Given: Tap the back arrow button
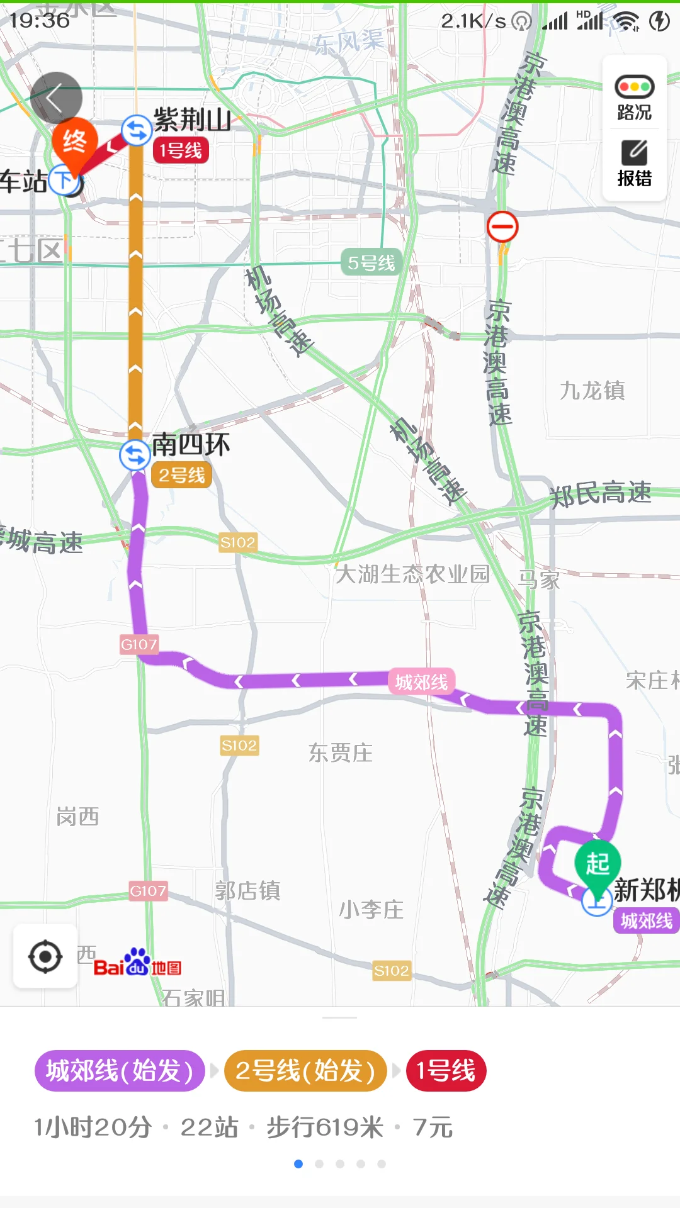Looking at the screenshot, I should coord(56,98).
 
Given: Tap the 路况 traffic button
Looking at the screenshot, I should coord(634,98).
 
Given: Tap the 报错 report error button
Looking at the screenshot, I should coord(634,164).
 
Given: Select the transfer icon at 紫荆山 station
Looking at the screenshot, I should coord(136,131).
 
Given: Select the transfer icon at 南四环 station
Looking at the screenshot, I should coord(135,454).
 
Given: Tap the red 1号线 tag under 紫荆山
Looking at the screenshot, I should coord(181,151).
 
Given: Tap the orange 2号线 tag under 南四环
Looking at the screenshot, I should coord(181,475).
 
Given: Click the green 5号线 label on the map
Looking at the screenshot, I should coord(371,263).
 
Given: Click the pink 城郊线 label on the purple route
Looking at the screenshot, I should coord(421,682).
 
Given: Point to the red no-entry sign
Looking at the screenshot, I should coord(502,227).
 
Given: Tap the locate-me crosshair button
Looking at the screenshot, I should coord(45,956).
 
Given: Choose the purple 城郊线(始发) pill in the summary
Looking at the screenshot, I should coord(120,1071).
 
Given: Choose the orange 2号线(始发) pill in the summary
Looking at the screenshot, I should coord(305,1071).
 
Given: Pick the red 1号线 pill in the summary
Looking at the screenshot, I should coord(446,1071).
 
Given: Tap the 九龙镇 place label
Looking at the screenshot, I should coord(592,391).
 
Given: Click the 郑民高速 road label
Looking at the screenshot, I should coord(600,493).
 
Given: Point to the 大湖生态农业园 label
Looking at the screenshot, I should coord(412,574).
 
